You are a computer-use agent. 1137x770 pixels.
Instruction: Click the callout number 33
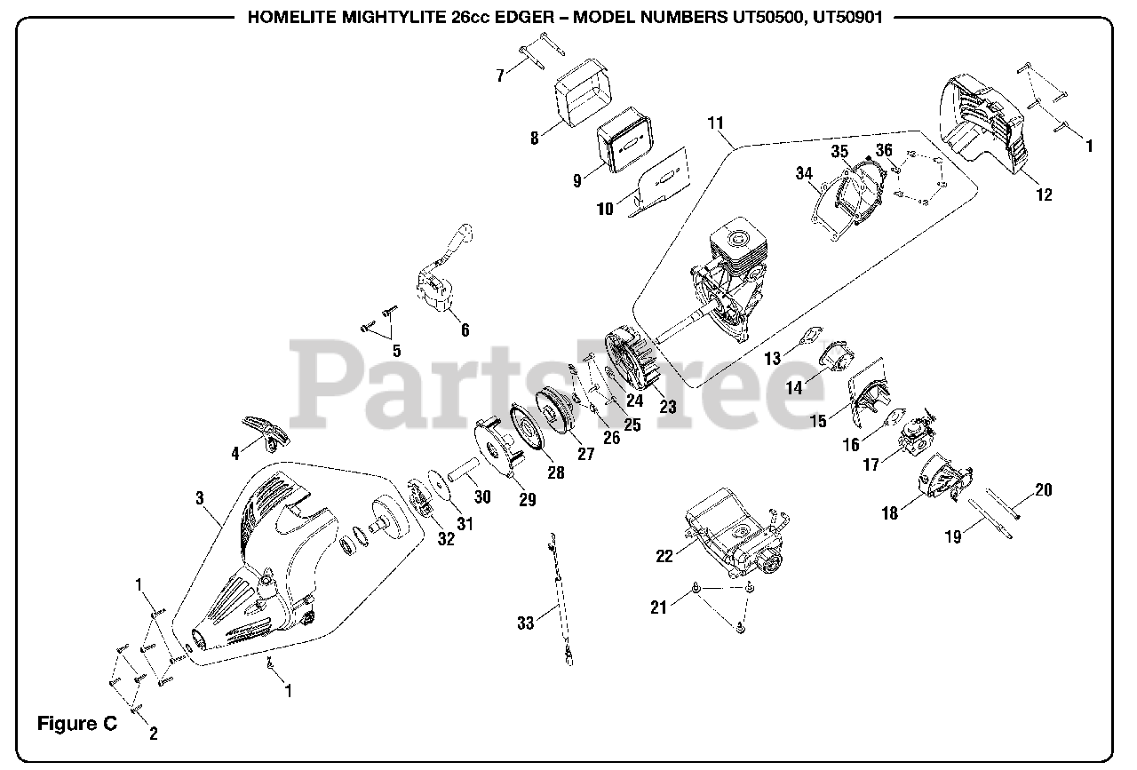click(x=525, y=623)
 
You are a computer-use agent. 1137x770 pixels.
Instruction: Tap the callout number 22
click(x=664, y=556)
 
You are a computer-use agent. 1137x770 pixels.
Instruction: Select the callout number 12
click(x=1044, y=194)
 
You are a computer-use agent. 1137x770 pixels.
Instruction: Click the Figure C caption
click(x=76, y=724)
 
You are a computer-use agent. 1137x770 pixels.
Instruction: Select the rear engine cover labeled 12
click(x=986, y=124)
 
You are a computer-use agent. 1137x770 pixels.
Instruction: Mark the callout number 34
click(x=805, y=173)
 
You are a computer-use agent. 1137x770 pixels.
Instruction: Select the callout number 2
click(x=153, y=734)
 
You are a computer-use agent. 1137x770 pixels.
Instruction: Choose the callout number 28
click(x=556, y=472)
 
